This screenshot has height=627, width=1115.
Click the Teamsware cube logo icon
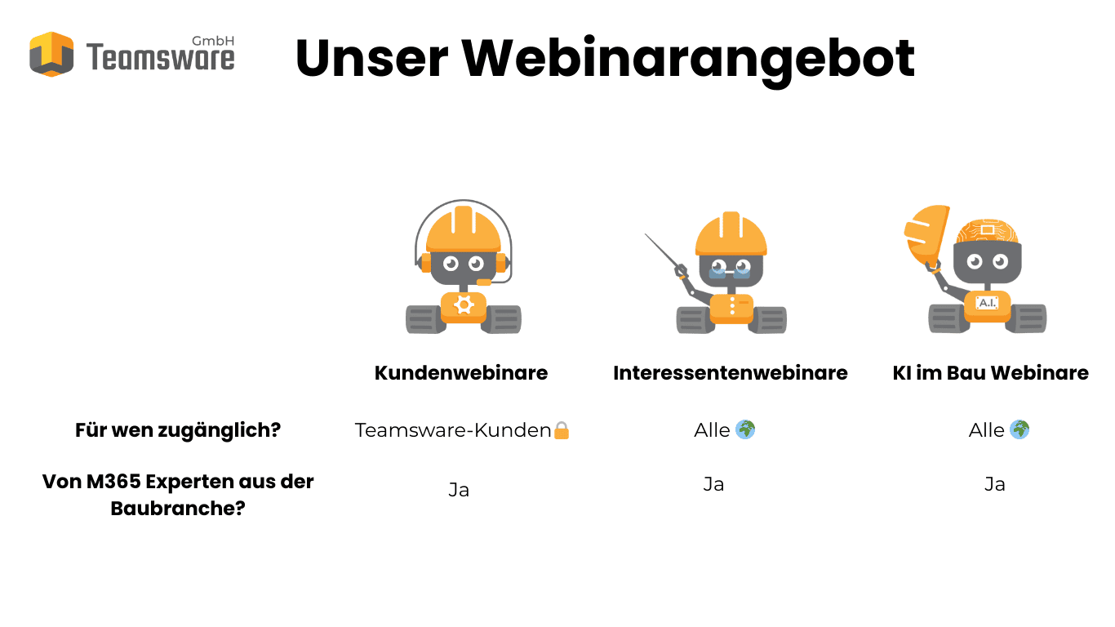51,54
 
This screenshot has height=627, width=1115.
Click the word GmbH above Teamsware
213,41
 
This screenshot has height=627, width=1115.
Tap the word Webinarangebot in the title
688,60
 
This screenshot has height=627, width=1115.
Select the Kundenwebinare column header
461,372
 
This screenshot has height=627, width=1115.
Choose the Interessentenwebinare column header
731,372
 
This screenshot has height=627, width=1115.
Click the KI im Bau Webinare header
991,372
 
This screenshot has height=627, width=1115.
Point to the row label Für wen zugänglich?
178,430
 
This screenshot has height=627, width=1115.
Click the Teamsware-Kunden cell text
453,430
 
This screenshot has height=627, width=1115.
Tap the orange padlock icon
562,430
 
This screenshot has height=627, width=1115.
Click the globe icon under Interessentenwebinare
745,429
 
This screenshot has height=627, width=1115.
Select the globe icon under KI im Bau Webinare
1019,429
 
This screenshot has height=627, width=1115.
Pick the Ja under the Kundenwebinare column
459,490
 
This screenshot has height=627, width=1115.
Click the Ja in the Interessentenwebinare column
713,484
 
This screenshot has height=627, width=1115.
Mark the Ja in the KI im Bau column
994,484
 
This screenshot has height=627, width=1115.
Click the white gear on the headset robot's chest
464,305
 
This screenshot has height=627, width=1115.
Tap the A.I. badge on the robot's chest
987,303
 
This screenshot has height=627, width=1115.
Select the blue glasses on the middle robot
730,272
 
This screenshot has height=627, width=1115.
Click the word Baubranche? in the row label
178,509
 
